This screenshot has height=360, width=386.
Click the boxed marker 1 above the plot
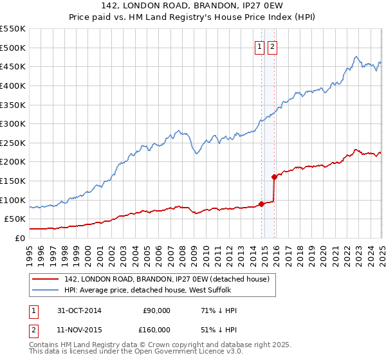(259, 46)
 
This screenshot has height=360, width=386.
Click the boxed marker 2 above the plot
(271, 46)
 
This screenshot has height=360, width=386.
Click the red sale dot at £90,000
(262, 204)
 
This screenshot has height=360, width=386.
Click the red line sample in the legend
(46, 279)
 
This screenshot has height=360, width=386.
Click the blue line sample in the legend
(46, 290)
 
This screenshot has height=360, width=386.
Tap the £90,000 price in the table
(156, 310)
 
